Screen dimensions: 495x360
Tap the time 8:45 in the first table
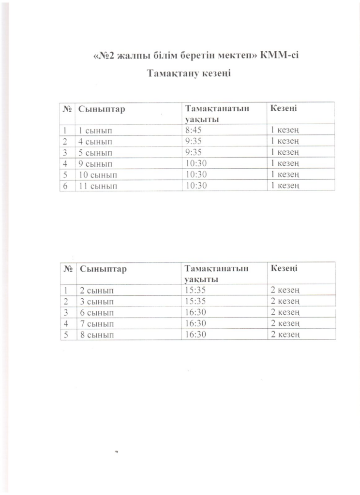[192, 130]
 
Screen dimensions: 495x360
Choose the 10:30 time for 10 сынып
[195, 175]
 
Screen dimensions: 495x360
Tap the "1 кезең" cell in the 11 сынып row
[286, 186]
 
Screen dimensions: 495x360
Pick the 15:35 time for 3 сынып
[195, 301]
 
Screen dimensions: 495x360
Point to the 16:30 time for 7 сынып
[195, 323]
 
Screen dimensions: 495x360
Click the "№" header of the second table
[68, 268]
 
